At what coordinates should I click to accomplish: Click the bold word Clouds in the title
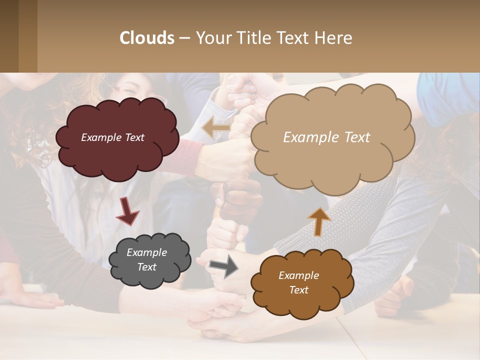[147, 38]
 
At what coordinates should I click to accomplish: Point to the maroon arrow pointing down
[127, 210]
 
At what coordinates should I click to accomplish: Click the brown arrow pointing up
[319, 221]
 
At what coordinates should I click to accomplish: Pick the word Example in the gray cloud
[146, 252]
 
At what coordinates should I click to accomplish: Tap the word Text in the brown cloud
[298, 290]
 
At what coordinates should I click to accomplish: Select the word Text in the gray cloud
[146, 267]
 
